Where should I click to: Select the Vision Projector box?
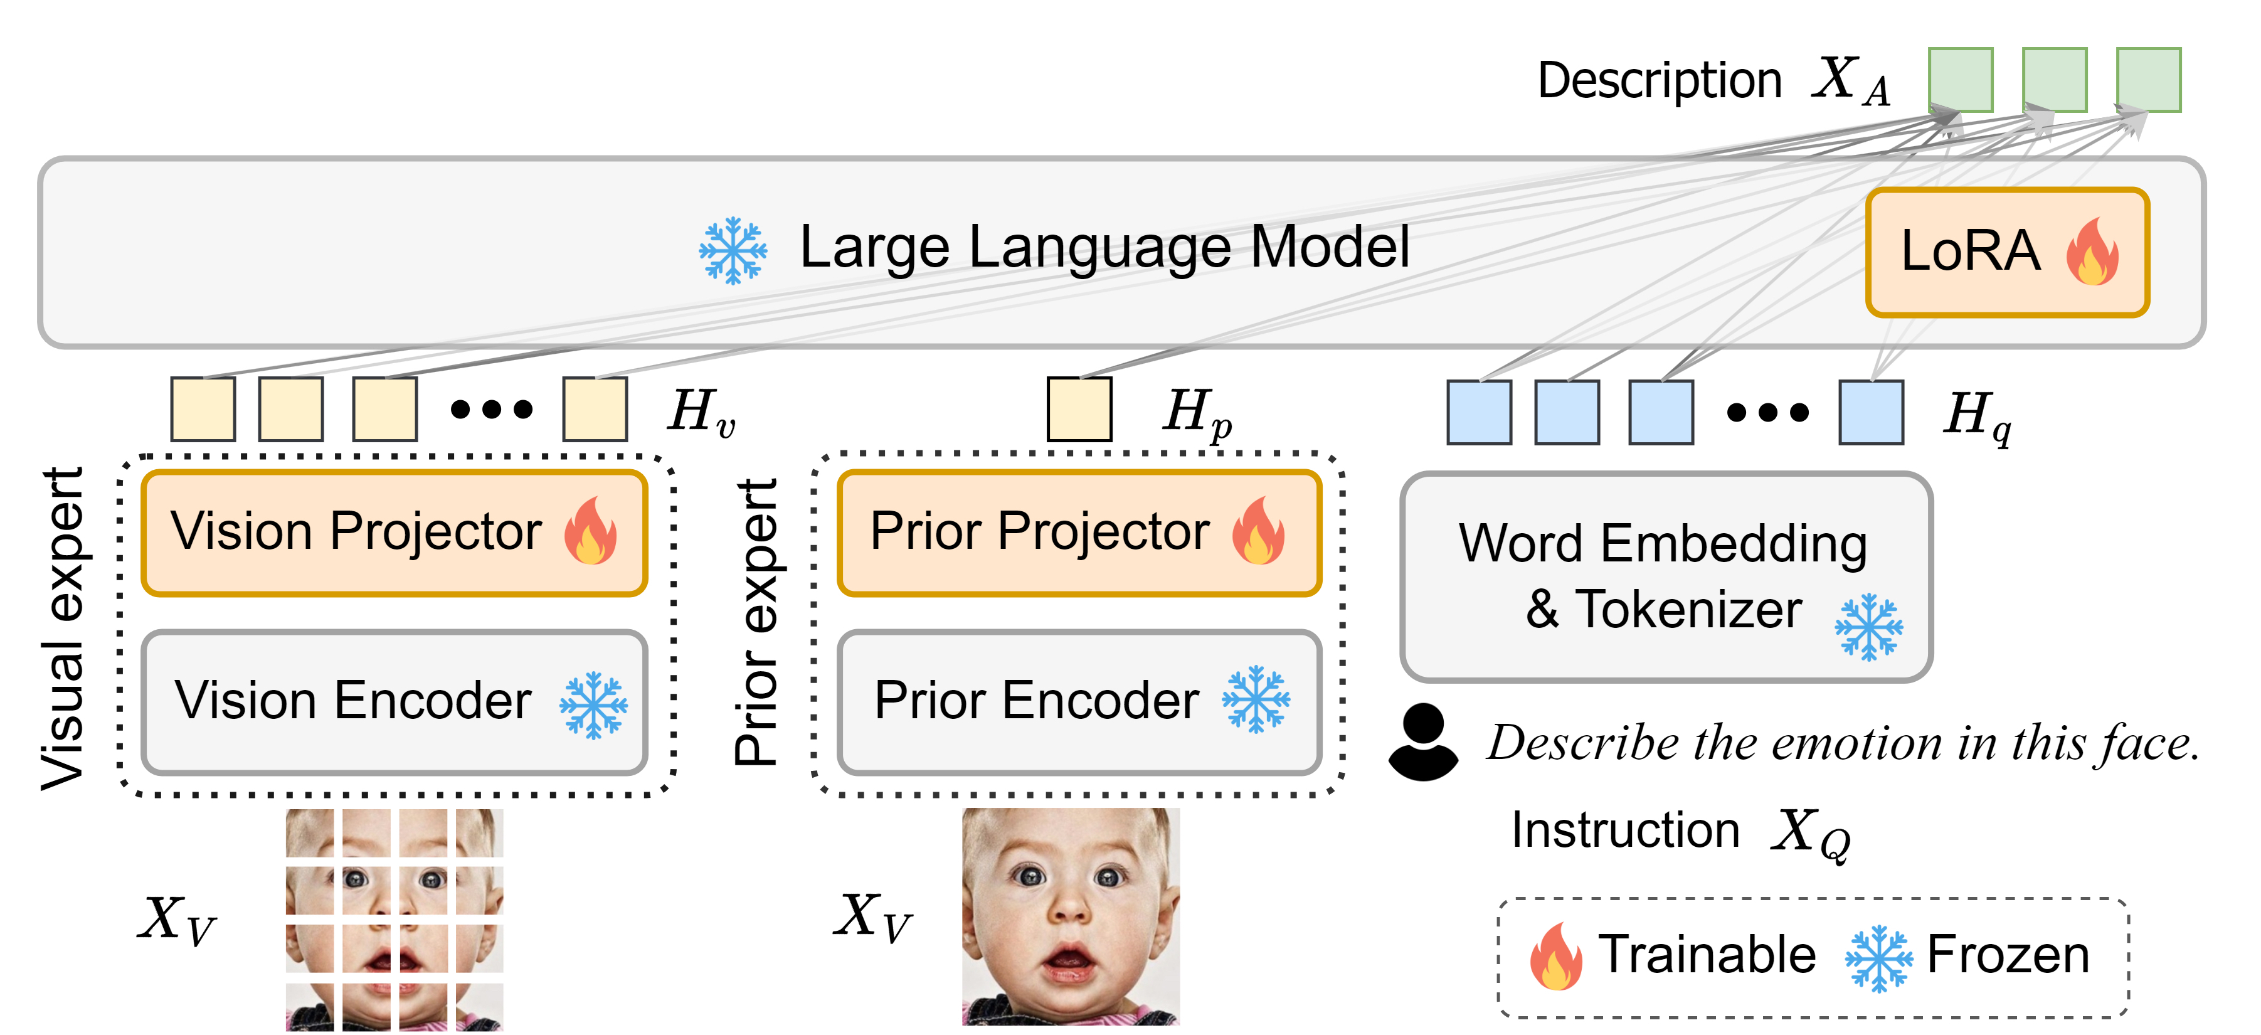(394, 533)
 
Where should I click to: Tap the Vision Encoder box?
(394, 701)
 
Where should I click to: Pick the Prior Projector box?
(1079, 533)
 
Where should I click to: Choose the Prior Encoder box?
(1079, 701)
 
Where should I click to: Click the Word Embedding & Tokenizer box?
(1665, 576)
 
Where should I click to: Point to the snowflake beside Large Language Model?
(732, 250)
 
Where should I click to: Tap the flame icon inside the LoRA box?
(2092, 253)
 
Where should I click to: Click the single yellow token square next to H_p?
(1079, 409)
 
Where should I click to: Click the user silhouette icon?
(1423, 742)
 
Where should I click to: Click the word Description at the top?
(1659, 81)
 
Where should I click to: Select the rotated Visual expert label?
(63, 628)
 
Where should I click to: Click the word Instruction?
(1624, 830)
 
